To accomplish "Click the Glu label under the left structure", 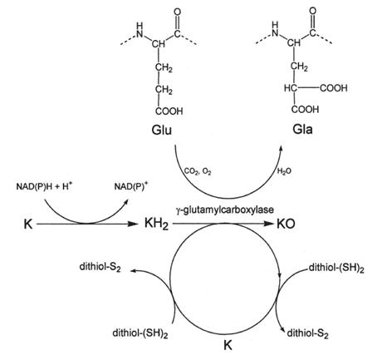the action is pyautogui.click(x=162, y=130).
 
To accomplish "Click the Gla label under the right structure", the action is pyautogui.click(x=302, y=130).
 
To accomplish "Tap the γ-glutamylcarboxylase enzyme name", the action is pyautogui.click(x=224, y=210).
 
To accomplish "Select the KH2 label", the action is pyautogui.click(x=156, y=224).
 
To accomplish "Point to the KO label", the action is pyautogui.click(x=286, y=224).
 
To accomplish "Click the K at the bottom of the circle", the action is pyautogui.click(x=228, y=345).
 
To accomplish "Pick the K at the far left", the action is pyautogui.click(x=28, y=224).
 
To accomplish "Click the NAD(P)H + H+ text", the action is pyautogui.click(x=44, y=186).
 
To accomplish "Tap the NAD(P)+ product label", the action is pyautogui.click(x=131, y=186).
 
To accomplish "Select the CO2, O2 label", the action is pyautogui.click(x=198, y=171).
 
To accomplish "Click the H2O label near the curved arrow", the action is pyautogui.click(x=284, y=171).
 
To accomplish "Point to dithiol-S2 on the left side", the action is pyautogui.click(x=100, y=267).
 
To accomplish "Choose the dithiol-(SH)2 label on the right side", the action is pyautogui.click(x=336, y=268).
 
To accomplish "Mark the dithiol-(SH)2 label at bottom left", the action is pyautogui.click(x=140, y=333).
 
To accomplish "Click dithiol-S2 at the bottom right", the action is pyautogui.click(x=307, y=333).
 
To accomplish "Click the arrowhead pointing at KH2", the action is pyautogui.click(x=134, y=224).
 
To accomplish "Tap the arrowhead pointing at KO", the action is pyautogui.click(x=269, y=224).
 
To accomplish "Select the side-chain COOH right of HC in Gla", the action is pyautogui.click(x=334, y=88).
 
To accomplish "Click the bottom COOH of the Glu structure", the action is pyautogui.click(x=169, y=111).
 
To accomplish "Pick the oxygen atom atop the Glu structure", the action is pyautogui.click(x=178, y=12).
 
